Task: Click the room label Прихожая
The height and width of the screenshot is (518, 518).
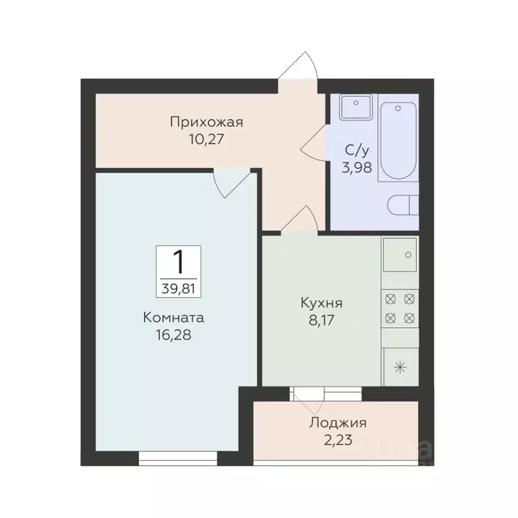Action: (206, 123)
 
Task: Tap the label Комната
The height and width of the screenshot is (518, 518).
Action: (173, 316)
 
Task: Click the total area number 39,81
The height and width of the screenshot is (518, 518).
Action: (179, 288)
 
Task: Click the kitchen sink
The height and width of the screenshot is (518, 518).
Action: (401, 255)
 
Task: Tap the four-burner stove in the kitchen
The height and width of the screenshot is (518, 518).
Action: (401, 308)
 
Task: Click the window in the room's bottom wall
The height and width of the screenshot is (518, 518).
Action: (178, 459)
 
